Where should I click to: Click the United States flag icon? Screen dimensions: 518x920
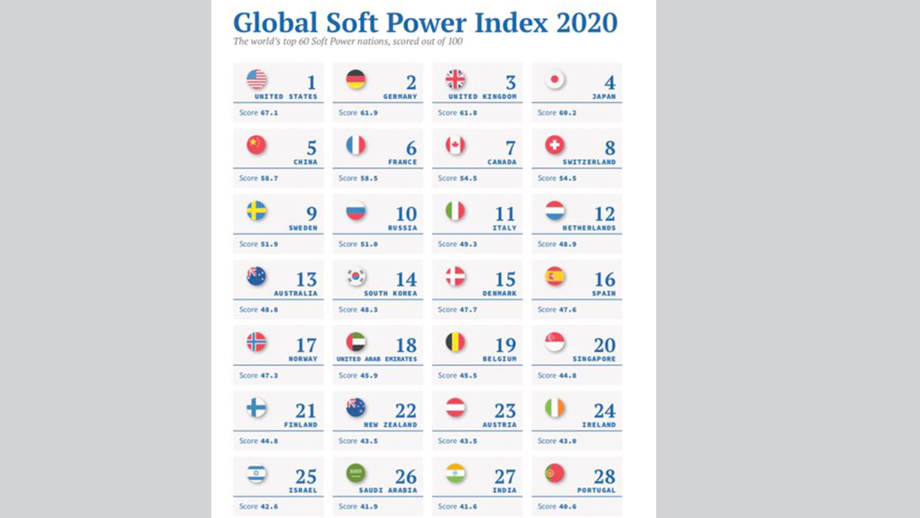(x=257, y=79)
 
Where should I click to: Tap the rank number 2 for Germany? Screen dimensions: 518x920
(x=411, y=83)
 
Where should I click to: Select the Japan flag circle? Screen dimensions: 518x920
(x=555, y=79)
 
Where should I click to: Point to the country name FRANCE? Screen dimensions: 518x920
(x=402, y=163)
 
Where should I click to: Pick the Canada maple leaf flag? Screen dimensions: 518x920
(x=455, y=145)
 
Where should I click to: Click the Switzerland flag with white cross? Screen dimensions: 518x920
(x=555, y=145)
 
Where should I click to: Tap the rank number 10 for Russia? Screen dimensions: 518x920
(x=406, y=214)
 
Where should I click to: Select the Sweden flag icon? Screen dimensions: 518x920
(x=257, y=211)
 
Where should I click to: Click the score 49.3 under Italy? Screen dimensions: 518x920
(x=468, y=244)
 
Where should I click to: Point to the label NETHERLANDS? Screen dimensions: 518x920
(x=590, y=228)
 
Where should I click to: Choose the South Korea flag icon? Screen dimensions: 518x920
(x=356, y=276)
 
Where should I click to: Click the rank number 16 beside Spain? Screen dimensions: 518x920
(x=604, y=279)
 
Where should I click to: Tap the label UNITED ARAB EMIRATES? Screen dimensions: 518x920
(x=377, y=359)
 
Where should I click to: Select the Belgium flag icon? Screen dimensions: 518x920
(x=455, y=342)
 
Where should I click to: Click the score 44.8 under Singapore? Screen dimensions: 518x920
(x=567, y=375)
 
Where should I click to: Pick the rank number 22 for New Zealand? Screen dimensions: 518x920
(x=405, y=411)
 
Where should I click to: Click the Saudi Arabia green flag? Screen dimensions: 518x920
(x=356, y=473)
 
